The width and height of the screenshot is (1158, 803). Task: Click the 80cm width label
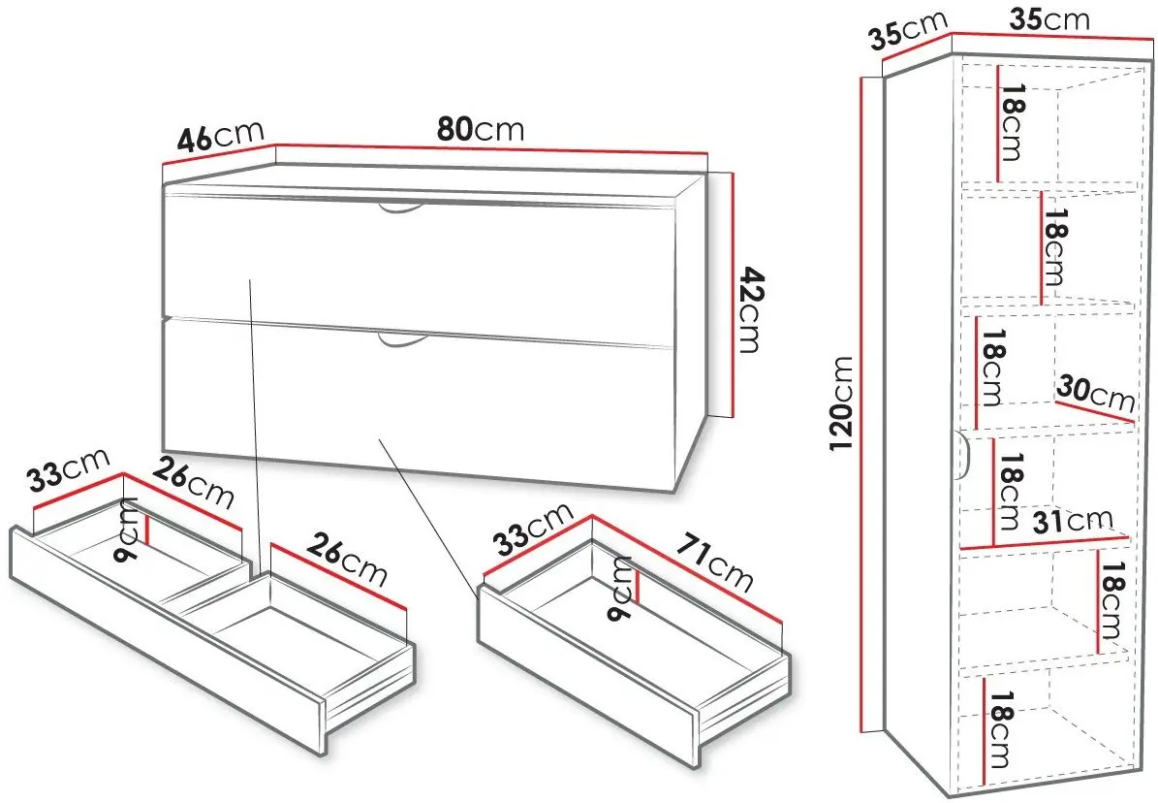tap(480, 129)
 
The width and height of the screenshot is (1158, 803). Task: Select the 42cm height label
tap(751, 309)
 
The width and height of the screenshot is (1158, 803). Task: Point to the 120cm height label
tap(842, 403)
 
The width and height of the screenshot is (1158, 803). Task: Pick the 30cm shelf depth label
tap(1096, 393)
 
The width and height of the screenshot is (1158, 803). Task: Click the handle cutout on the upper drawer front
tap(402, 207)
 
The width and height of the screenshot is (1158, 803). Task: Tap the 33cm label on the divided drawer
tap(69, 470)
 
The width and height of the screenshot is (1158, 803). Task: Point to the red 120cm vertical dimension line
tap(861, 403)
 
